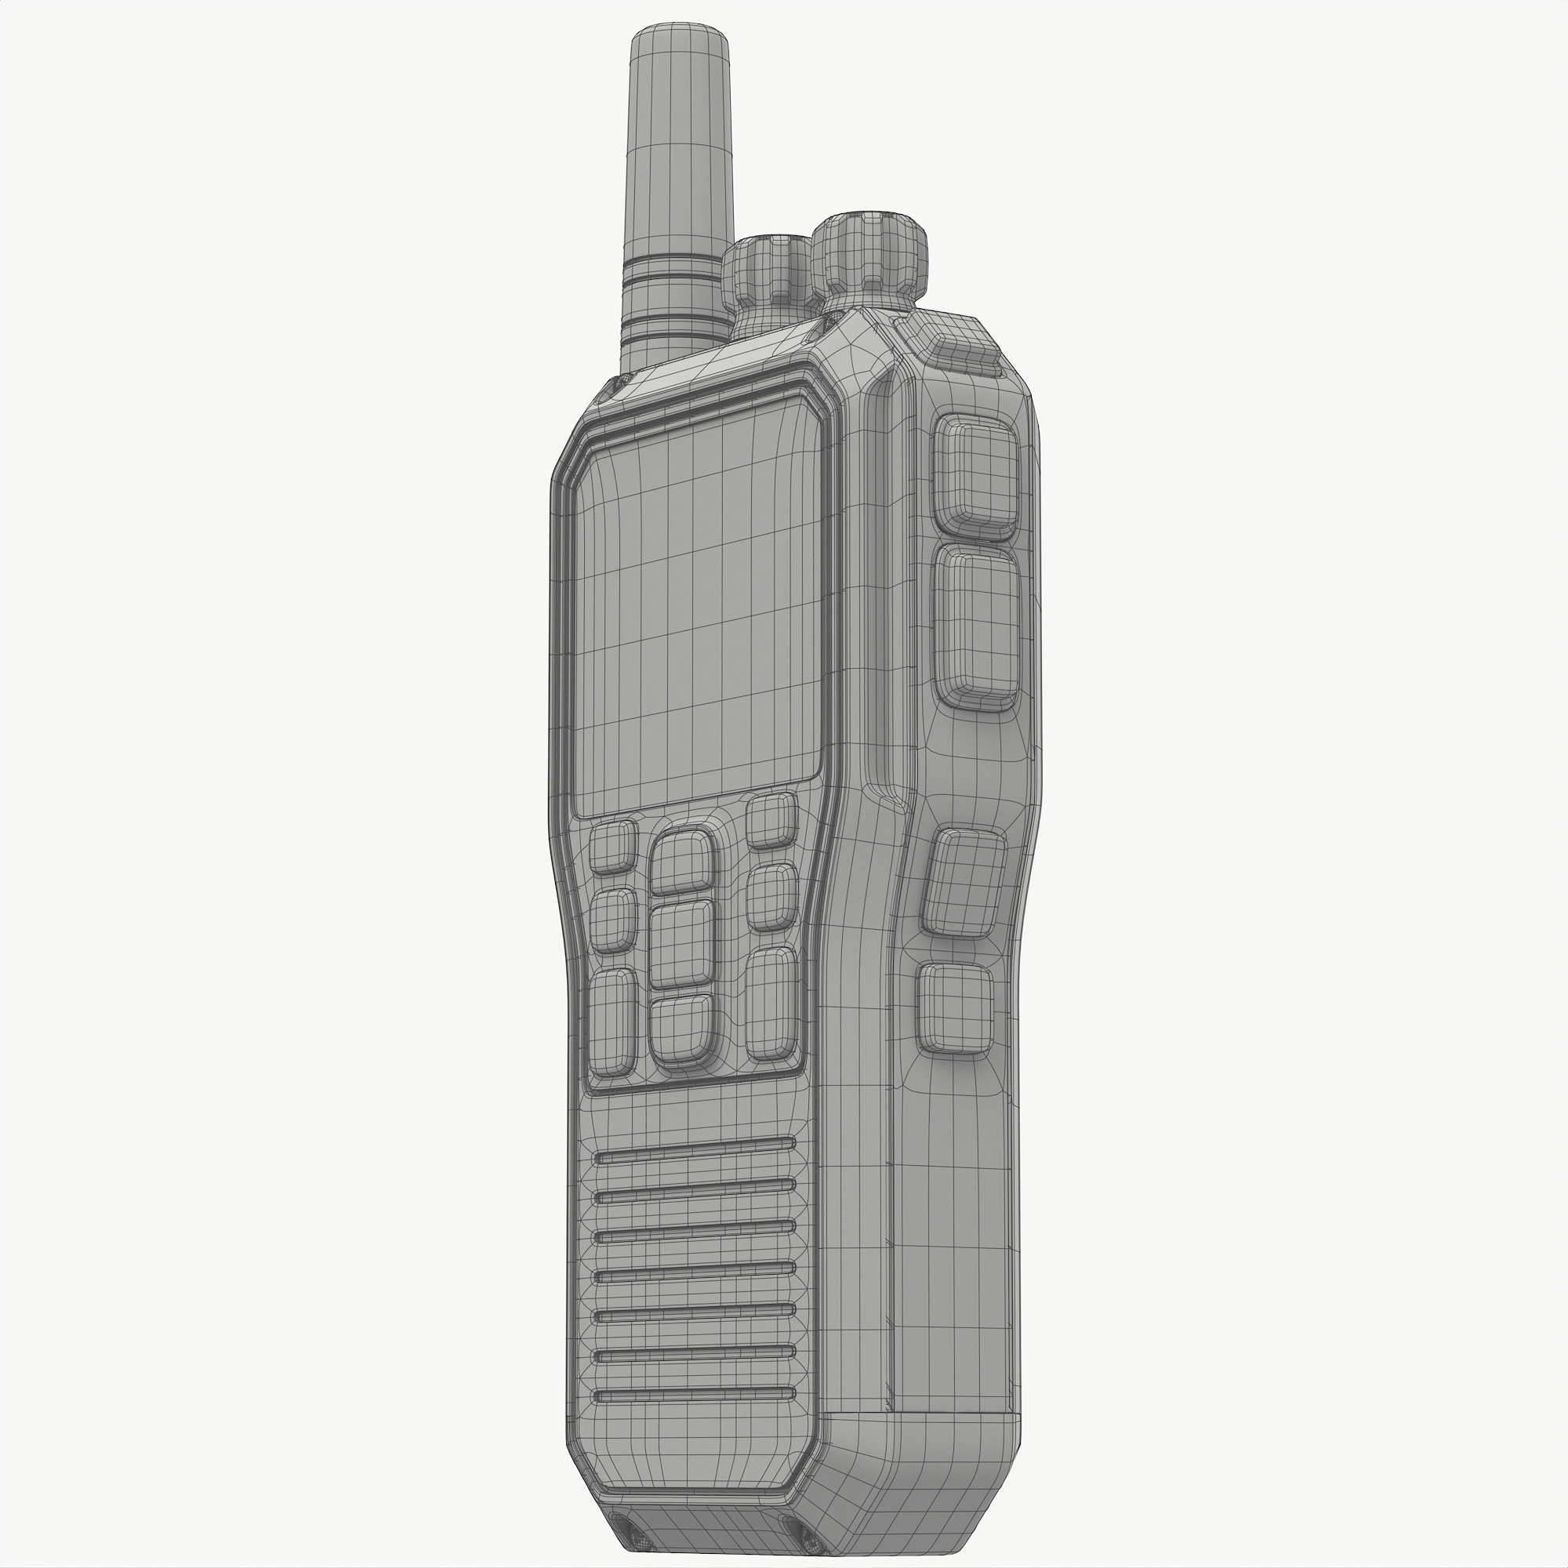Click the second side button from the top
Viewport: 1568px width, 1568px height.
(975, 625)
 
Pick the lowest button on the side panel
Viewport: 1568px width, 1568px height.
(955, 1009)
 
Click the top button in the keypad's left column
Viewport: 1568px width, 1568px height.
(612, 847)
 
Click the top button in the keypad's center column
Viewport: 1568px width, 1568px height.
(683, 862)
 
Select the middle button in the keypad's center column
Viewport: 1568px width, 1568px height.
(682, 944)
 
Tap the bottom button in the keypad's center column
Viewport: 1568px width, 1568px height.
(682, 1029)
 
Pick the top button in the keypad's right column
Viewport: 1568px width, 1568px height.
(770, 821)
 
